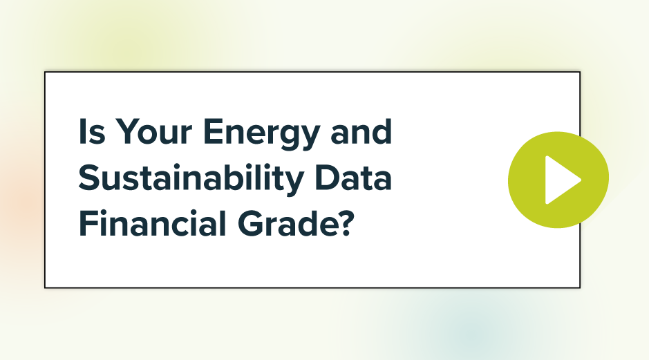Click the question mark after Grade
tap(348, 226)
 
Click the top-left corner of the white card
tap(45, 72)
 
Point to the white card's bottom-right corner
tap(580, 287)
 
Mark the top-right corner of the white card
tap(580, 72)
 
